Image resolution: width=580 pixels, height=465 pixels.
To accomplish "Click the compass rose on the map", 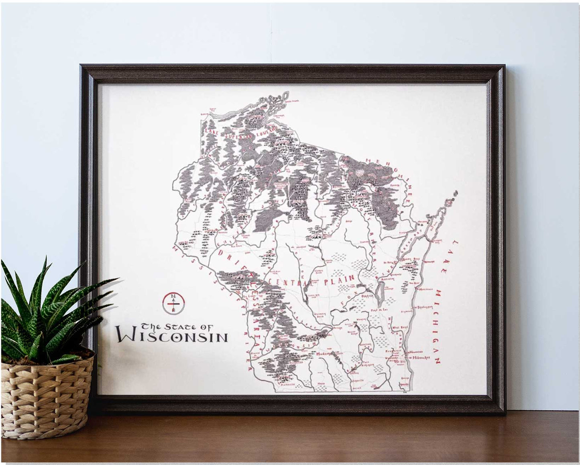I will [x=174, y=303].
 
